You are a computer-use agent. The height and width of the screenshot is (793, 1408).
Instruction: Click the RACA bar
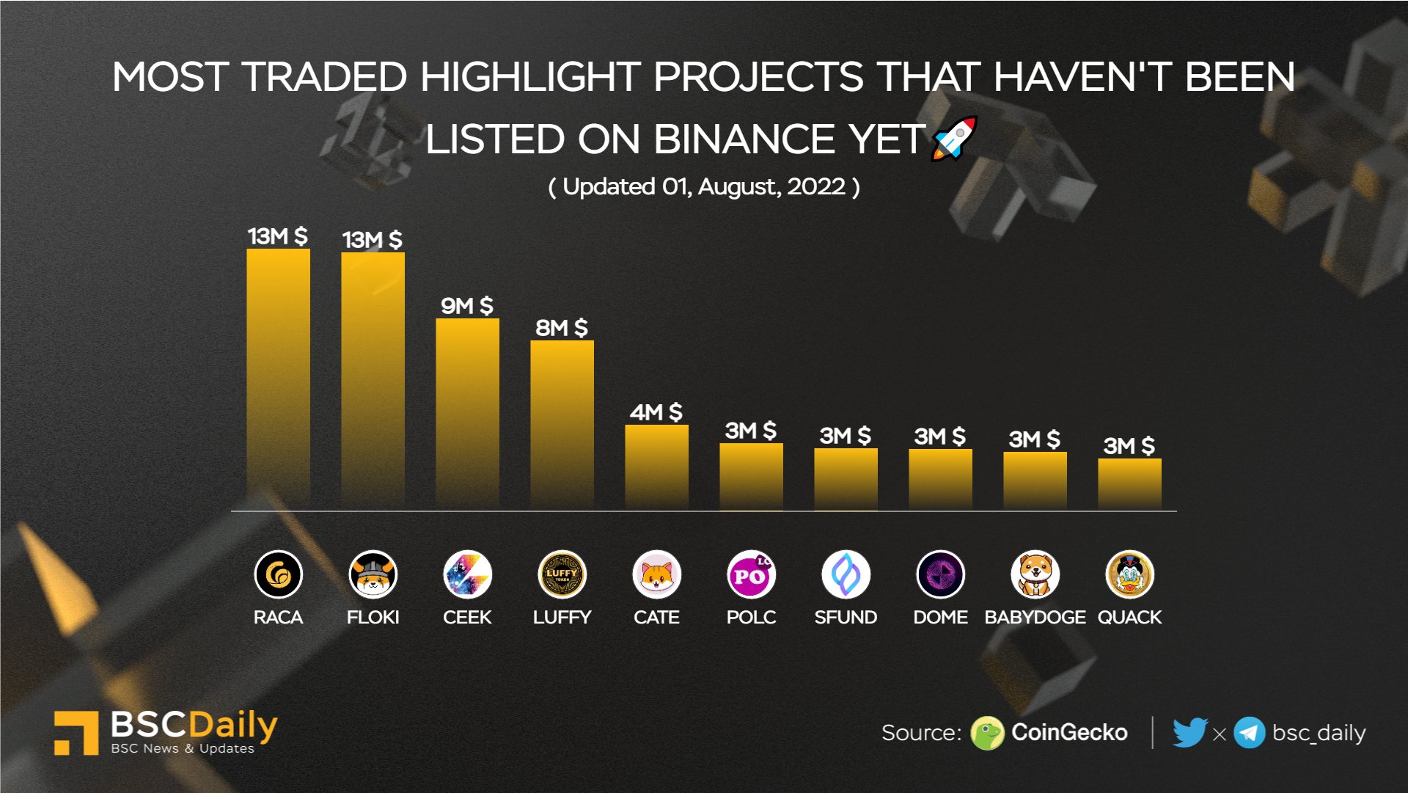(278, 378)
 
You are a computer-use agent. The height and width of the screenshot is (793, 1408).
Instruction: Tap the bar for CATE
(656, 467)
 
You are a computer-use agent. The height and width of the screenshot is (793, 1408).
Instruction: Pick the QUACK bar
(1129, 483)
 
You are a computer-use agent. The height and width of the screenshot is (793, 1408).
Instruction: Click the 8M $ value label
(561, 327)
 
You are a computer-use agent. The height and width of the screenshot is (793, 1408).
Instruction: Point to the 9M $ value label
(466, 305)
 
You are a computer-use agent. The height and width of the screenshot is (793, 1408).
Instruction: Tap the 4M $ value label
(656, 412)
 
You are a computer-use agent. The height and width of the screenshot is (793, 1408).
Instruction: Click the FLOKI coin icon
(373, 574)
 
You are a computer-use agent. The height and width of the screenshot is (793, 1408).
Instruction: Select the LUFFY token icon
(562, 574)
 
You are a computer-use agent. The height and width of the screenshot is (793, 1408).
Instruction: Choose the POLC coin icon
(751, 574)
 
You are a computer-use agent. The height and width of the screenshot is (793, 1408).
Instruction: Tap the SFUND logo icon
(846, 574)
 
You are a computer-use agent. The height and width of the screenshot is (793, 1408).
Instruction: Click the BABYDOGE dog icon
(1035, 574)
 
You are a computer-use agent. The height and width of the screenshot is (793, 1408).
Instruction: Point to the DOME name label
(940, 617)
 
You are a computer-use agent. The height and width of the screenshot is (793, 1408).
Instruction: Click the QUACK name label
(1129, 617)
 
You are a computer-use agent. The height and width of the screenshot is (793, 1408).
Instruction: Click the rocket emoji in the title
(954, 138)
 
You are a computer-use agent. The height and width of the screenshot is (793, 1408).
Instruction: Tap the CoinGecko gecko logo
(987, 733)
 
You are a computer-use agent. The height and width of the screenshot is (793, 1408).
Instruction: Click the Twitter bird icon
(1189, 732)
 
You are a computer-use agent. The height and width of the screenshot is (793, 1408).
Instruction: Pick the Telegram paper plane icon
(1249, 733)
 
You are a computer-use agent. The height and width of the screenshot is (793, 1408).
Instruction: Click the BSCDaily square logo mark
(76, 732)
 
